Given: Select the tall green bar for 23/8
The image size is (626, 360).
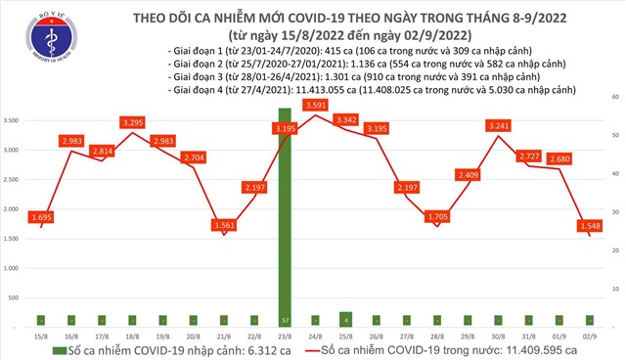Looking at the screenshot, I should coord(284,215).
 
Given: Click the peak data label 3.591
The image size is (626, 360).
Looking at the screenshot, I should coord(314,105).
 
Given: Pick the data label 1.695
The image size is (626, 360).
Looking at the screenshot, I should coord(40,216).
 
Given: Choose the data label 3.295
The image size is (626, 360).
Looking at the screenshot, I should coord(132,122).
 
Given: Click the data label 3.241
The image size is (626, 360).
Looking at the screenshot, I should coord(497,125).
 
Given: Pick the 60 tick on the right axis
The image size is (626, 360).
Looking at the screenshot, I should coord(612,98).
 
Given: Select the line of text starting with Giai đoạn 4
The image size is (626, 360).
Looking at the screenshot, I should coord(342,88).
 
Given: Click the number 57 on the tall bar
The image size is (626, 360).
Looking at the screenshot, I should coord(284,320).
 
